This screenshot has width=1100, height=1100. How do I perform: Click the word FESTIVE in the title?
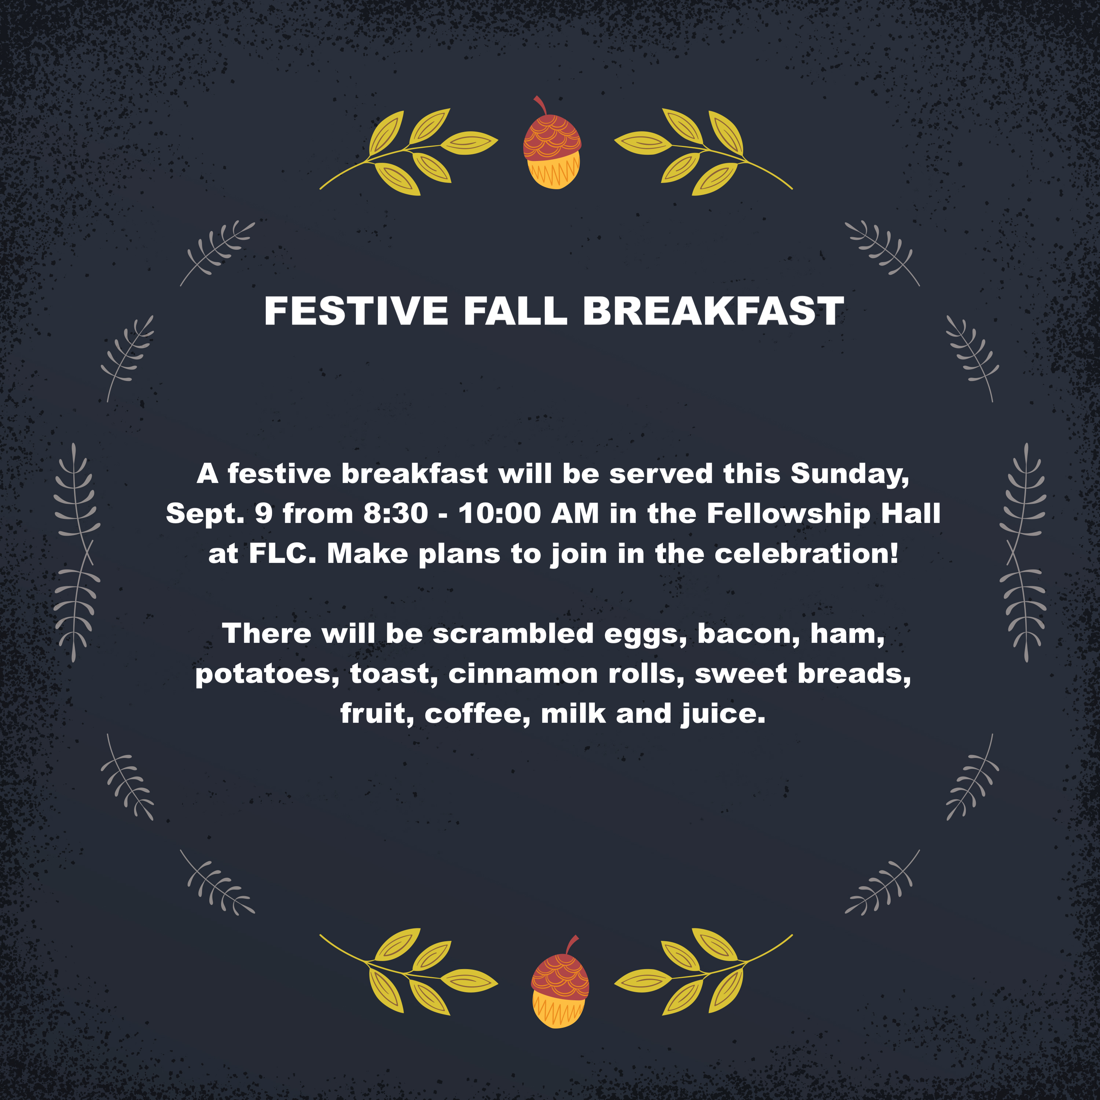coord(356,311)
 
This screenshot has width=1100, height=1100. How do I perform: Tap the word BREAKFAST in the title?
coord(714,311)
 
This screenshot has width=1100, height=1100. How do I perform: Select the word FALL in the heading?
coord(515,311)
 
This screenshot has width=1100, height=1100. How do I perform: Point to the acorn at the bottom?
coord(560,981)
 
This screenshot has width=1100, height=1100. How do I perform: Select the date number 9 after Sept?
coord(264,514)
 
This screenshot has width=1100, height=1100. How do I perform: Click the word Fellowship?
coord(789,514)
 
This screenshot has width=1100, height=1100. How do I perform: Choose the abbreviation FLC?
coord(282,553)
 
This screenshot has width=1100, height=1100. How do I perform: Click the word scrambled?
coord(513,633)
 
